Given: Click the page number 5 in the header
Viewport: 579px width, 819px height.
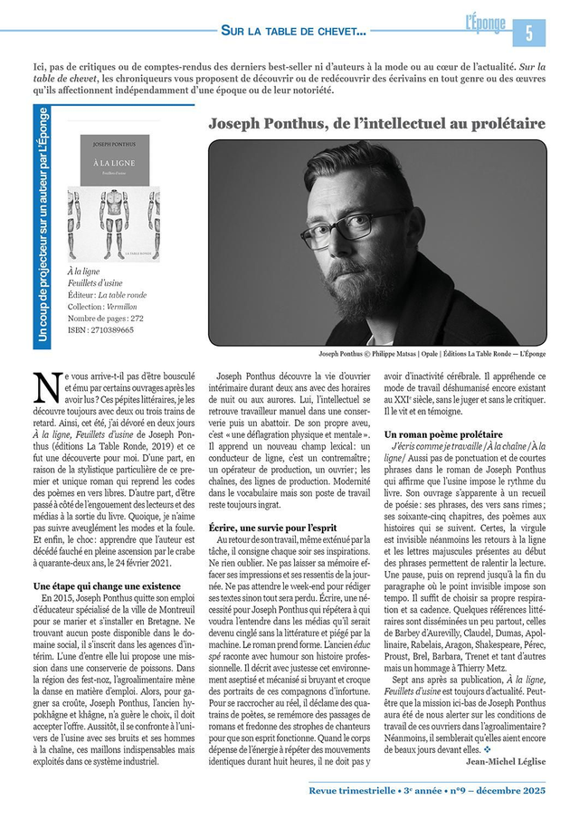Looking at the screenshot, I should coord(529,32).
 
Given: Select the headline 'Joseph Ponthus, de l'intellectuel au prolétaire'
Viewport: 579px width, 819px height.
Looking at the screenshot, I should coord(376,122).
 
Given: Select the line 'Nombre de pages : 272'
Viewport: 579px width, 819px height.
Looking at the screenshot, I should coord(105,319).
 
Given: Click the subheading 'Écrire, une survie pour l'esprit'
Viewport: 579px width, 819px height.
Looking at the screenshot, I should coord(273,528).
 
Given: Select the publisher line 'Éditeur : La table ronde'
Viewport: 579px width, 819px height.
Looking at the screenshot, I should coord(107,295).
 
